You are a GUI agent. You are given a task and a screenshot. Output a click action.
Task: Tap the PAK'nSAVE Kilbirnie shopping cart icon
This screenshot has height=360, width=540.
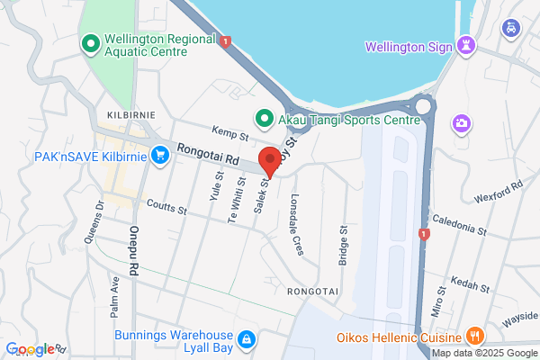pyautogui.click(x=160, y=157)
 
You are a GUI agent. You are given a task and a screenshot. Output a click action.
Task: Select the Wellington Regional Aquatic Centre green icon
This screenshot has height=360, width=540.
pyautogui.click(x=90, y=43)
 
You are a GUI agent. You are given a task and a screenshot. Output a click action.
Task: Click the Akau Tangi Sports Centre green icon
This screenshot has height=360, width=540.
pyautogui.click(x=264, y=117)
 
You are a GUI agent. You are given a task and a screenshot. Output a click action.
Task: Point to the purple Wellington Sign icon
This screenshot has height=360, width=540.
pyautogui.click(x=465, y=45)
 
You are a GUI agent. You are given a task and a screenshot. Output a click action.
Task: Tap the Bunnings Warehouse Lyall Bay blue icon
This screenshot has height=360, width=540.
pyautogui.click(x=247, y=338)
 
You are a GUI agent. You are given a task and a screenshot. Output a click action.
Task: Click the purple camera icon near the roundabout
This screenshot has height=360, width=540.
pyautogui.click(x=462, y=121)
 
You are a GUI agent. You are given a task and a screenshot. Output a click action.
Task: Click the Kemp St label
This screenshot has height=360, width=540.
pyautogui.click(x=229, y=136)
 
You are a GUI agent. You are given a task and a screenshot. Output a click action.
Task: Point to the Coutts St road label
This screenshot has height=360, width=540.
pyautogui.click(x=163, y=210)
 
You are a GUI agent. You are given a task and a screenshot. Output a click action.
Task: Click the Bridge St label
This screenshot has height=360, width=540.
pyautogui.click(x=343, y=245)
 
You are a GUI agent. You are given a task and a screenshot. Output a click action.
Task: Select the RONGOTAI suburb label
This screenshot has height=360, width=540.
pyautogui.click(x=312, y=292)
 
